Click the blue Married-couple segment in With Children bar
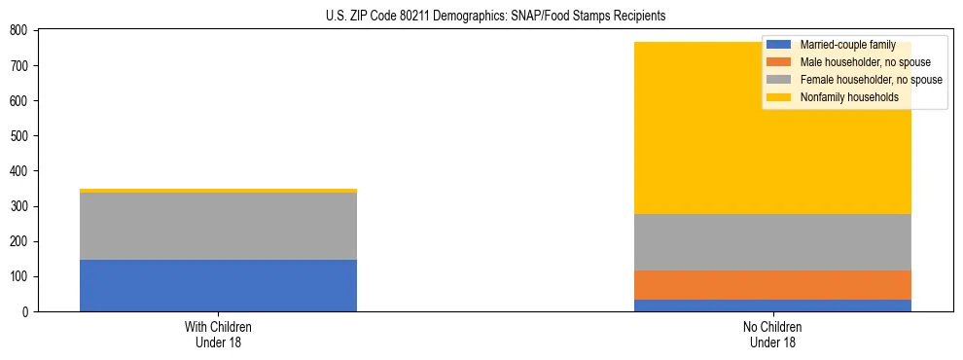[218, 285]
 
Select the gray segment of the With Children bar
[218, 226]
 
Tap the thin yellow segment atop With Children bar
[218, 191]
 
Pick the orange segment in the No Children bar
[772, 285]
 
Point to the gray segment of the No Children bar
[772, 242]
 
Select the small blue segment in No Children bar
[772, 306]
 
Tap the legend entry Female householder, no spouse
[871, 80]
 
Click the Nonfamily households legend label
[849, 97]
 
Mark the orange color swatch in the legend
[779, 62]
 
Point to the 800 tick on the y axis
[17, 30]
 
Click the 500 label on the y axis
[17, 136]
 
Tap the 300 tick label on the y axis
[17, 206]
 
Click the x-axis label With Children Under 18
[218, 335]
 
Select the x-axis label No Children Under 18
[772, 335]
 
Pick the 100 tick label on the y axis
[17, 277]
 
